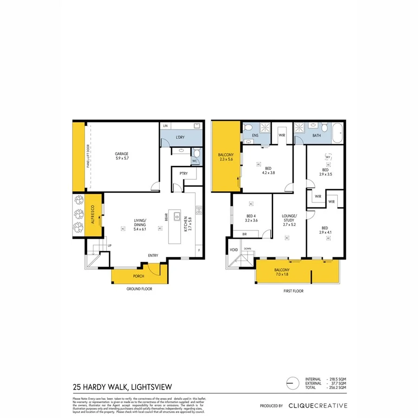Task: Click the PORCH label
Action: tap(138, 276)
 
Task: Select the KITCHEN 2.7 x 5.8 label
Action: tap(187, 224)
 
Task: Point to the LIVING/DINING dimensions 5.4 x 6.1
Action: tap(140, 229)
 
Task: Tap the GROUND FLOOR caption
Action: tap(139, 289)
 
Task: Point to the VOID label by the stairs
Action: tap(234, 250)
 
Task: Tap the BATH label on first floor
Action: tap(317, 136)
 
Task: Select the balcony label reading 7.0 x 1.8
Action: tap(282, 274)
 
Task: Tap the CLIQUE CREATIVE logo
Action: tap(317, 405)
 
